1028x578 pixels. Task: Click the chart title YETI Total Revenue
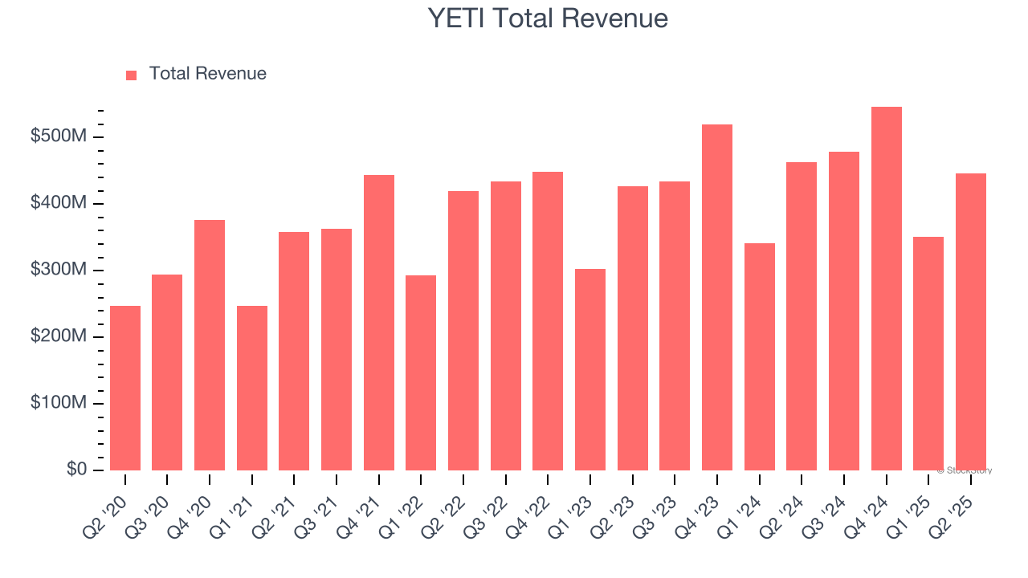548,18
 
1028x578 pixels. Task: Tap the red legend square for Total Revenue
132,75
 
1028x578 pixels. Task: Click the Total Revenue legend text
207,74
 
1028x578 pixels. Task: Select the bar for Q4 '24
886,289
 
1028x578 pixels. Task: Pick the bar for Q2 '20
125,388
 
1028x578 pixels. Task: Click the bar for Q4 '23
717,297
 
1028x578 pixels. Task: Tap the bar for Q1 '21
252,388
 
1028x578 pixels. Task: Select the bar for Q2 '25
970,321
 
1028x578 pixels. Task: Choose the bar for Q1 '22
421,372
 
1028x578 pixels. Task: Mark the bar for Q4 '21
379,323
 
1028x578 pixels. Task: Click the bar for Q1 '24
759,356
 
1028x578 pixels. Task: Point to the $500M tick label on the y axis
58,137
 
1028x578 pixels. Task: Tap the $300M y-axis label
58,271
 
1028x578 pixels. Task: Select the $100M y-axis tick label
58,403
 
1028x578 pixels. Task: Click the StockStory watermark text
964,470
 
